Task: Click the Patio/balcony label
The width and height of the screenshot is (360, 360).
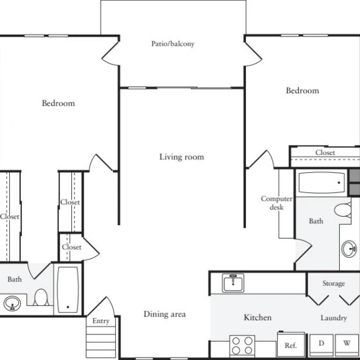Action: tap(173, 43)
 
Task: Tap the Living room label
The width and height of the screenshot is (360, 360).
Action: tap(182, 157)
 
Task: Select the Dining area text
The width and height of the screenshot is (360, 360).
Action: tap(165, 314)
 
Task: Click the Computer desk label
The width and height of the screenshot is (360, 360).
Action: tap(276, 203)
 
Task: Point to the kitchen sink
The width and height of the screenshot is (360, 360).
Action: tap(233, 283)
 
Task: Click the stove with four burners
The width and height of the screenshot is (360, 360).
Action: tap(242, 346)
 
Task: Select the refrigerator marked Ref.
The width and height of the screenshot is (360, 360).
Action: tap(291, 344)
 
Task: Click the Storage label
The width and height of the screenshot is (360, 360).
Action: tap(334, 284)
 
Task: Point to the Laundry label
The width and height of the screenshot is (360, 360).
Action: tap(334, 318)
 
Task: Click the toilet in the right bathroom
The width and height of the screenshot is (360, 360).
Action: tap(343, 210)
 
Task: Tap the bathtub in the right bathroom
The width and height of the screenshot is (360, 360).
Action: tap(322, 183)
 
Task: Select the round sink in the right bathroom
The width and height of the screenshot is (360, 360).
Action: tap(349, 249)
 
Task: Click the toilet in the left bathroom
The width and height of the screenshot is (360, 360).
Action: tap(41, 297)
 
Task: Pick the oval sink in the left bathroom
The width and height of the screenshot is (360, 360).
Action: tap(12, 304)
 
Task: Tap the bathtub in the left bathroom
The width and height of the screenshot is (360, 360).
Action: tap(68, 289)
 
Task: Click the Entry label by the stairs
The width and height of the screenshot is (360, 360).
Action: tap(101, 321)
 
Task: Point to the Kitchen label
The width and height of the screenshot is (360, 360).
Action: tap(257, 317)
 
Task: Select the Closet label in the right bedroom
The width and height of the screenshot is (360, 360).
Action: tap(325, 153)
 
